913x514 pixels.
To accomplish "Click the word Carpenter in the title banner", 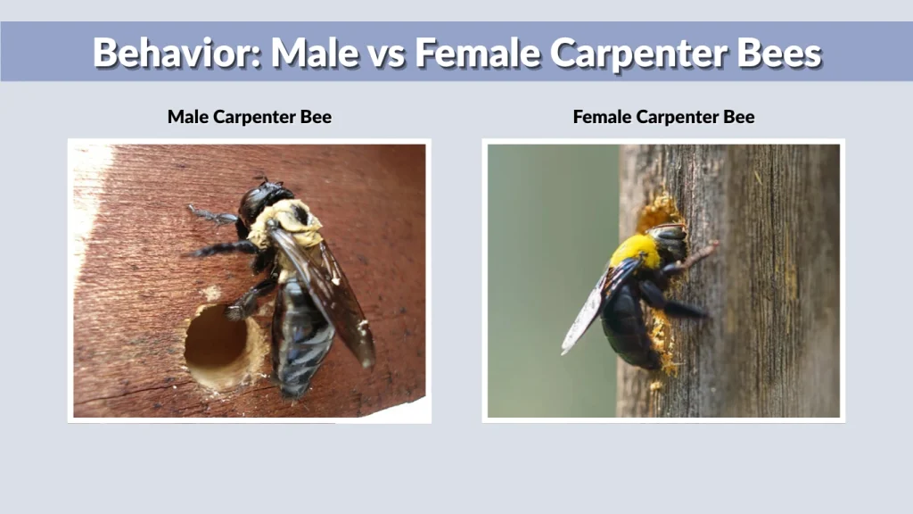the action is [638, 54].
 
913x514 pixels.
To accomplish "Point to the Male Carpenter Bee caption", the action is [250, 117].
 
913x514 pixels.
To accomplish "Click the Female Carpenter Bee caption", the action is [663, 117].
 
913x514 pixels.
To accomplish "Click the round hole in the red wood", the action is [216, 344].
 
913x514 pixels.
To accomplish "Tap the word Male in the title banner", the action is [315, 53].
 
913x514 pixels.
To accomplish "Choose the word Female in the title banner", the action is [478, 53].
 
